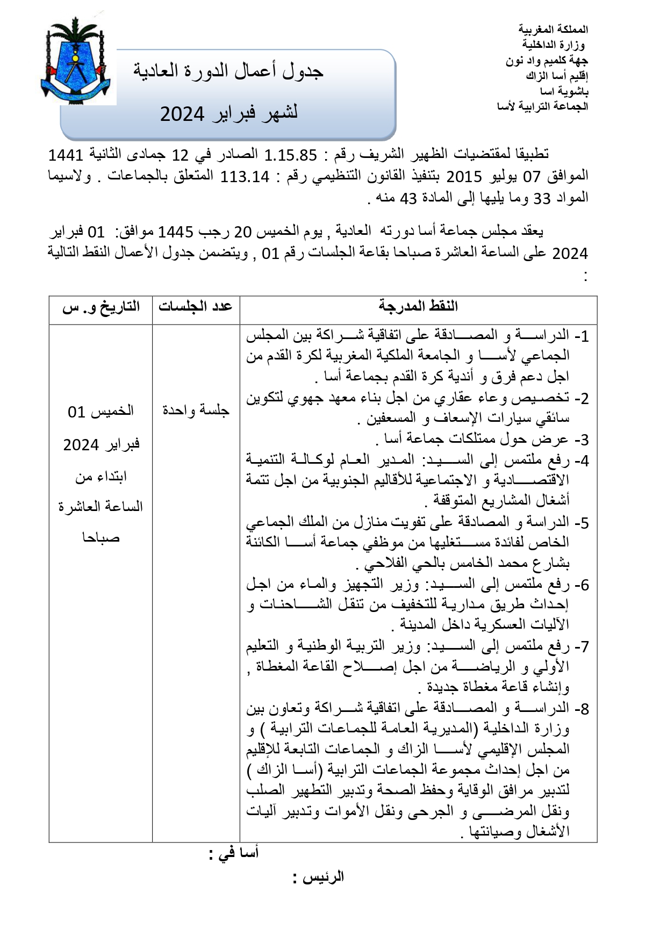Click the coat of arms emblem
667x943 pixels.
tap(76, 60)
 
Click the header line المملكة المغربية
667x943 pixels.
tap(553, 29)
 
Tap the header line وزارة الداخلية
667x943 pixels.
tap(554, 45)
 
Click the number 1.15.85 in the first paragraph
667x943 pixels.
tap(291, 155)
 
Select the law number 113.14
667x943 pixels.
tap(245, 177)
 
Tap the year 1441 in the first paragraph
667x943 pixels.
tap(66, 155)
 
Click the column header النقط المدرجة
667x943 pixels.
tap(418, 307)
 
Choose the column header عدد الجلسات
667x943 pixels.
tap(195, 307)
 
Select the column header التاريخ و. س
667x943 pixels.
tap(101, 307)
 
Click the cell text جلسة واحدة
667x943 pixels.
tap(196, 410)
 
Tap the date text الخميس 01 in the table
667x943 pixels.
tap(101, 412)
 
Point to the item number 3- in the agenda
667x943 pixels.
tap(581, 440)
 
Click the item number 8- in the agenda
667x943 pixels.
tap(581, 709)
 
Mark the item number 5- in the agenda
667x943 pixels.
tap(581, 523)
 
